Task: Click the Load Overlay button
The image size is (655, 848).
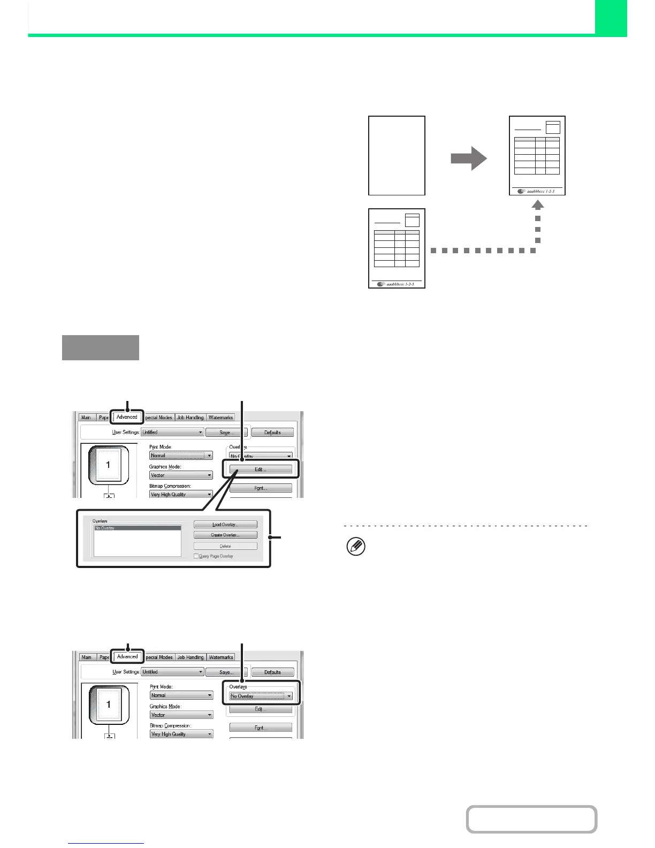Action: [225, 525]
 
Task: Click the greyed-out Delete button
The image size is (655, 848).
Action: [225, 546]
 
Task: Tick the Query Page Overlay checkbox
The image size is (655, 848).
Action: [196, 556]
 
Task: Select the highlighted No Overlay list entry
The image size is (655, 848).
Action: [138, 528]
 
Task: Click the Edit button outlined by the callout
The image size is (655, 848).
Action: [261, 470]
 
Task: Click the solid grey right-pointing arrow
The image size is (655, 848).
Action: [469, 158]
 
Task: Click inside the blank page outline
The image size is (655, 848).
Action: [397, 155]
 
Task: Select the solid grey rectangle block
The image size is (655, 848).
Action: [101, 347]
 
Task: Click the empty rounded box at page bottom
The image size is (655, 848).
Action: [531, 819]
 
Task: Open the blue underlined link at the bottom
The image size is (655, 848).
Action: [106, 844]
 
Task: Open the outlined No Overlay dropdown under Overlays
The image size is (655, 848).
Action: [261, 696]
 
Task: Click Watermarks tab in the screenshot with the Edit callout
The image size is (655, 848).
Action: [220, 418]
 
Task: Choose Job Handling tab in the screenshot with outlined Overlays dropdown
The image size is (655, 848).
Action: [191, 657]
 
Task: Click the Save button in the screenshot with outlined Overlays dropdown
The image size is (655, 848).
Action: [226, 672]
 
